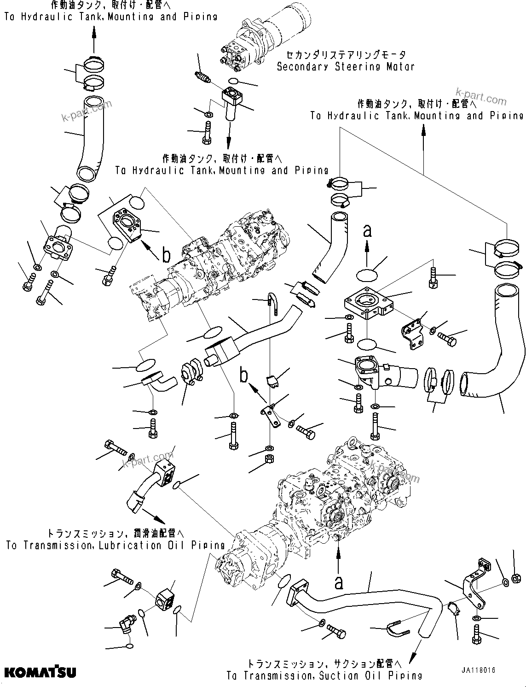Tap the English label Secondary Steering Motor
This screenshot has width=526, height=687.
click(345, 66)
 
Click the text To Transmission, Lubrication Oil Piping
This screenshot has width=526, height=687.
click(115, 546)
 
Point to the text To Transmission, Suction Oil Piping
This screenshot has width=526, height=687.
click(324, 675)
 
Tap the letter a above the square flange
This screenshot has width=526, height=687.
click(367, 230)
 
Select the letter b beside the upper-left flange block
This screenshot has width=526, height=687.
click(167, 253)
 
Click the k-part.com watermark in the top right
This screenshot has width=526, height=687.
click(481, 97)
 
